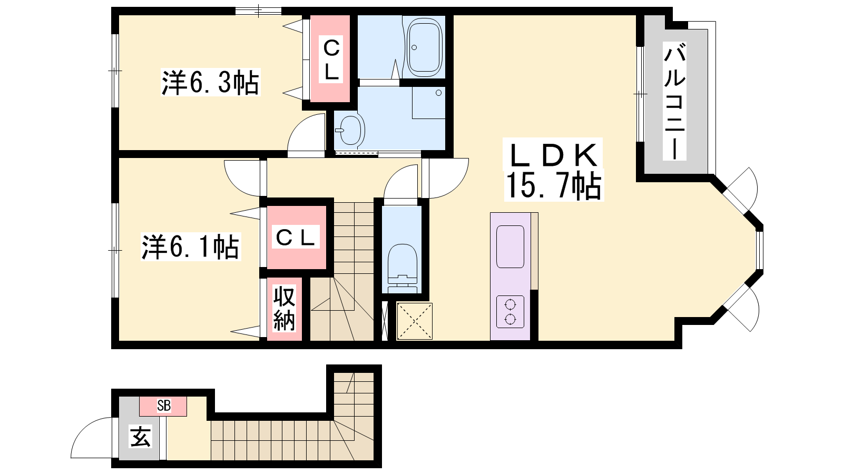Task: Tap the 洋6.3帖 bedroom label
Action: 210,82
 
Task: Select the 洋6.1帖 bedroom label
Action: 191,247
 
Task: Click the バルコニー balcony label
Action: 674,101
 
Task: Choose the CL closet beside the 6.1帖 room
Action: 296,237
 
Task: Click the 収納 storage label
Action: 284,308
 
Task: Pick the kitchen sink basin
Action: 510,247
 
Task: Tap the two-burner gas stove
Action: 510,312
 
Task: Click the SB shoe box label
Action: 164,406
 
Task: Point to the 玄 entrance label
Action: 140,437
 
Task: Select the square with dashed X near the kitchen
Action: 414,321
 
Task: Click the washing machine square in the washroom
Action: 429,103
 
